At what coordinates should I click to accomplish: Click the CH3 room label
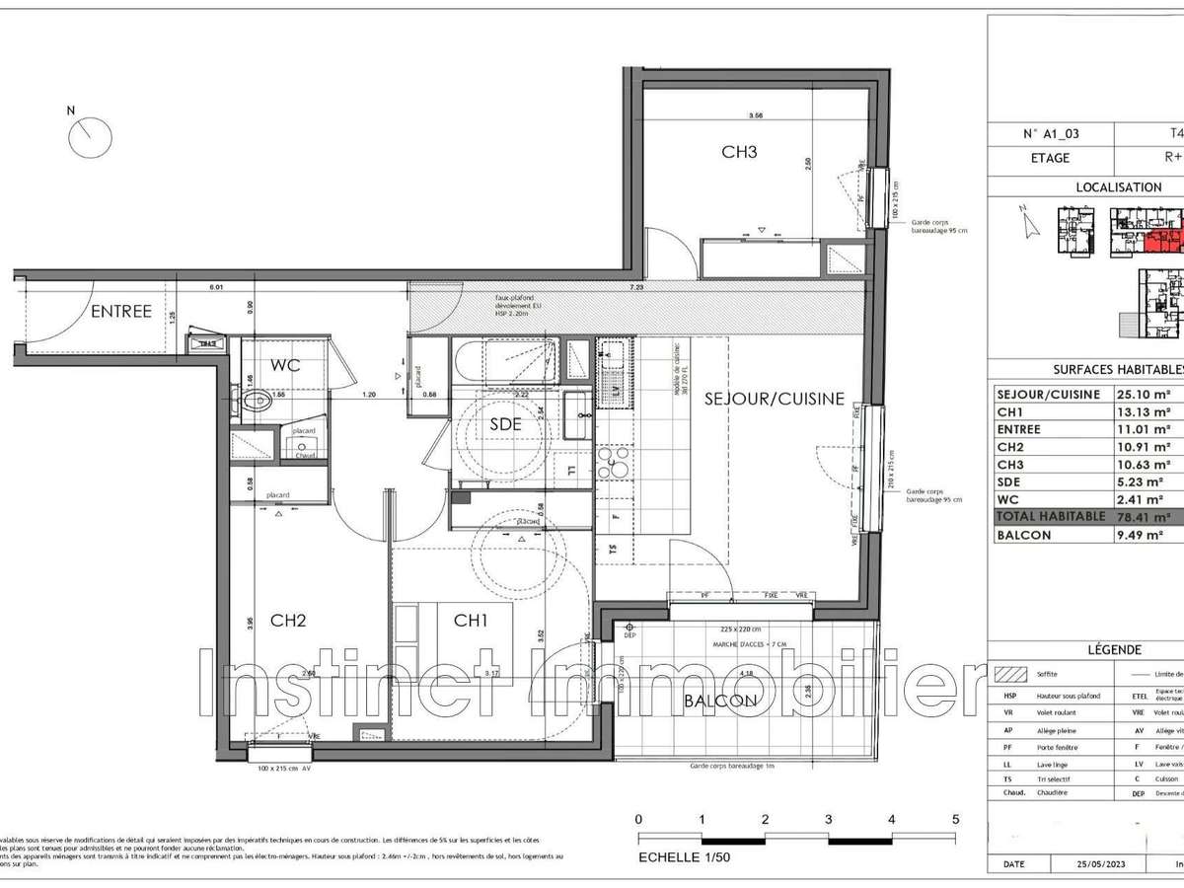pos(740,152)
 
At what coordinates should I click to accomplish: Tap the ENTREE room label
pos(121,312)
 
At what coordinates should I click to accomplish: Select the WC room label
pos(285,365)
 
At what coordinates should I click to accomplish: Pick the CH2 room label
pos(288,621)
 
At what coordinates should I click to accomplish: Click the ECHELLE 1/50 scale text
pos(684,856)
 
